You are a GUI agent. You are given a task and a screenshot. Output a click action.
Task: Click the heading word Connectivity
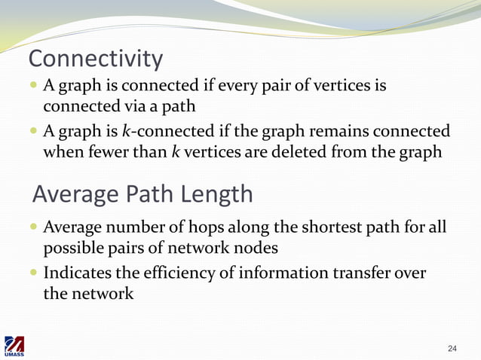pos(95,59)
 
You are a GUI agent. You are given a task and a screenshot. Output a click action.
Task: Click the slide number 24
pos(452,348)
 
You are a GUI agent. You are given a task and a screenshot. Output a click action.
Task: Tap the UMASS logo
pos(14,347)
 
